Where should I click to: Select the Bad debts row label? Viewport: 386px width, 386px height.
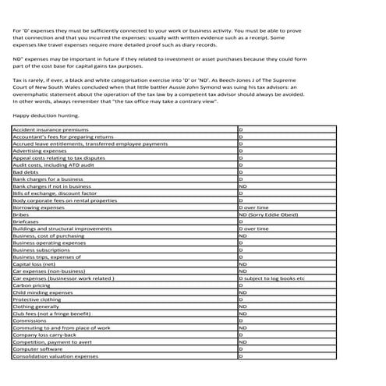[26, 172]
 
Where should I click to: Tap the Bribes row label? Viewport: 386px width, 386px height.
[22, 214]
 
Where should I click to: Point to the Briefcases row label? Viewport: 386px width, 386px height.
[27, 221]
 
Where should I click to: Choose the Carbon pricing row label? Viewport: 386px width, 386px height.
[31, 285]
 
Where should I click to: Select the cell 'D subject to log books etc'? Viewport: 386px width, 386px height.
[271, 278]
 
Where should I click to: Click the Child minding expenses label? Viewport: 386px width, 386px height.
[43, 292]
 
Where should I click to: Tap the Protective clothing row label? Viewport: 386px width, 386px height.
[37, 299]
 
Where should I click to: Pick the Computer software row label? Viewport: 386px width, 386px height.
[37, 349]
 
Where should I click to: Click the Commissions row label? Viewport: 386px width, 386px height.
[30, 320]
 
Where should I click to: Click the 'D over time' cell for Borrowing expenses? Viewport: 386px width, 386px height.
[253, 207]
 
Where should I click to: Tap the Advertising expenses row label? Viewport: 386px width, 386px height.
[39, 151]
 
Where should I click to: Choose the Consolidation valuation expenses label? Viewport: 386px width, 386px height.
[55, 356]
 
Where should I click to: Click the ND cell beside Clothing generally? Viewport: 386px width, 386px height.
[243, 306]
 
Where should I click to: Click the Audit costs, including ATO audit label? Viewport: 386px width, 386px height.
[50, 165]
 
